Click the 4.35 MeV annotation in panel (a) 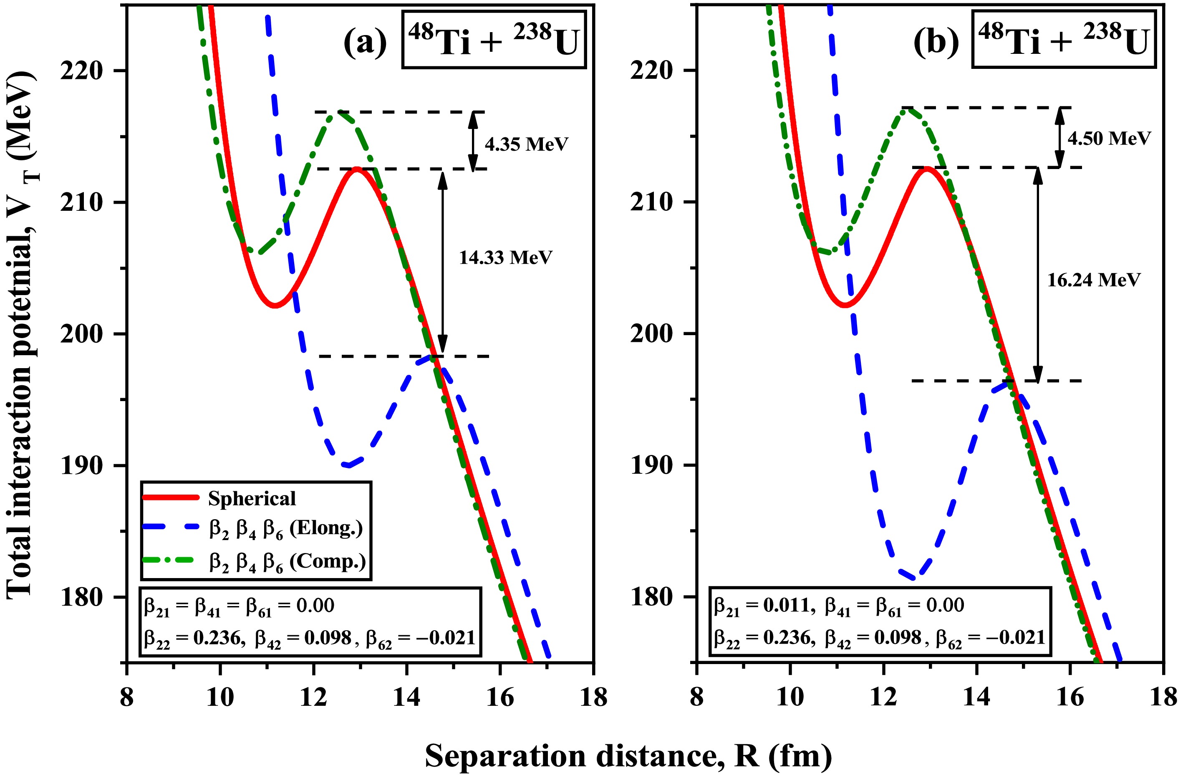coord(526,144)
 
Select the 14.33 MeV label coord(505,258)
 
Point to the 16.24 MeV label coord(1094,280)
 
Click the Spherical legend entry coord(252,498)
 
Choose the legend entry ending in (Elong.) coord(286,528)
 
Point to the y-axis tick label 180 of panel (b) coord(651,596)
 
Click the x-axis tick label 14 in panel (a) coord(406,697)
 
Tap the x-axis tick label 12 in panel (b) coord(883,697)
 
